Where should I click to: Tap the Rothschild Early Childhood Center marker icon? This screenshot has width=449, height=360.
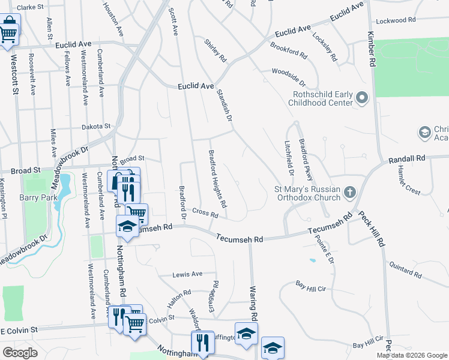click(361, 97)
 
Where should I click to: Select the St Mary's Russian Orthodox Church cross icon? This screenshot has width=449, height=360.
click(351, 193)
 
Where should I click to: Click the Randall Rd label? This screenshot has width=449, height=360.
click(406, 159)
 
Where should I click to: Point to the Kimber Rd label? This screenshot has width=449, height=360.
click(372, 49)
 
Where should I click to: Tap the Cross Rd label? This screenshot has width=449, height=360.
click(205, 213)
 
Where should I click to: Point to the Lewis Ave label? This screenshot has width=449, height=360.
click(187, 274)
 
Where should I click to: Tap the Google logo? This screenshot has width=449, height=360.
click(20, 353)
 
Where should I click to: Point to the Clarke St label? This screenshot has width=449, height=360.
click(31, 7)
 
